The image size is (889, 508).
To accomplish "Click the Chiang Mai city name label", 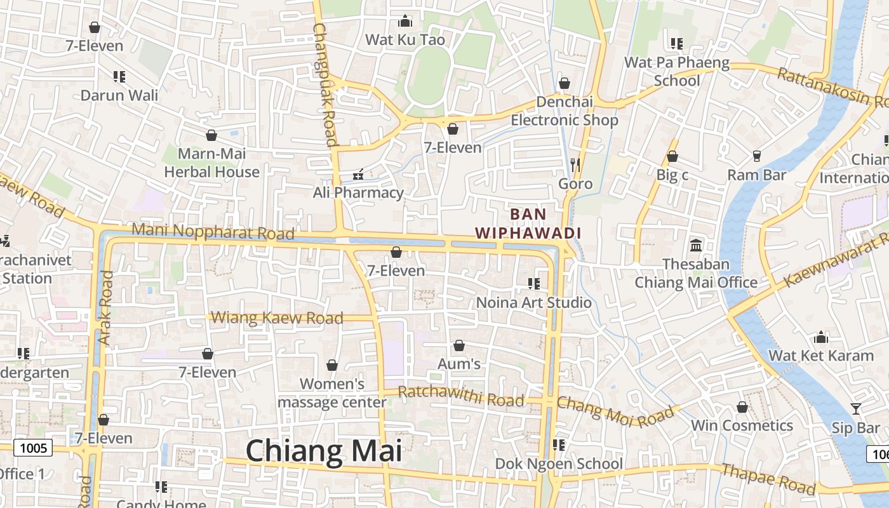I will click(324, 451).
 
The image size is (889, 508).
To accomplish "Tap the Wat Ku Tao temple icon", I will click(405, 21).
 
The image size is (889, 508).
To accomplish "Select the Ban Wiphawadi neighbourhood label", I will click(528, 224).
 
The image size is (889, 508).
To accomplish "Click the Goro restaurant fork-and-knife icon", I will click(575, 165).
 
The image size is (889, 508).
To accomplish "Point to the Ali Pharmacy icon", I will click(358, 174).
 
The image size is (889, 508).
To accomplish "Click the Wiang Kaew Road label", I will click(277, 317).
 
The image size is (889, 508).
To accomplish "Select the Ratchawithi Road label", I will click(462, 396).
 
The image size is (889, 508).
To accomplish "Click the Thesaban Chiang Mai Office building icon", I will click(696, 245).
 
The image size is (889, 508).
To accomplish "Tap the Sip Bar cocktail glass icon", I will click(856, 409).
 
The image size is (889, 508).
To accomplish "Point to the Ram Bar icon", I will click(756, 156).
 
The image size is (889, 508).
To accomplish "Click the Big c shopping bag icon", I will click(672, 156).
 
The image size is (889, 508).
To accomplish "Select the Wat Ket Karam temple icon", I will click(821, 337).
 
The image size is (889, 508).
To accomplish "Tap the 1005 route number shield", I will click(33, 448).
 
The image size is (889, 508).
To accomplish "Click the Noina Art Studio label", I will click(534, 302).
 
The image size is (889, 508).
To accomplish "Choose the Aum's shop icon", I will click(459, 345).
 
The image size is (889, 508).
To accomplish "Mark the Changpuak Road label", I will click(324, 85).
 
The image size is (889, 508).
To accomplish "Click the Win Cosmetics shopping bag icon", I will click(742, 407).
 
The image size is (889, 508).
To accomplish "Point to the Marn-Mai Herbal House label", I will click(211, 163).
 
